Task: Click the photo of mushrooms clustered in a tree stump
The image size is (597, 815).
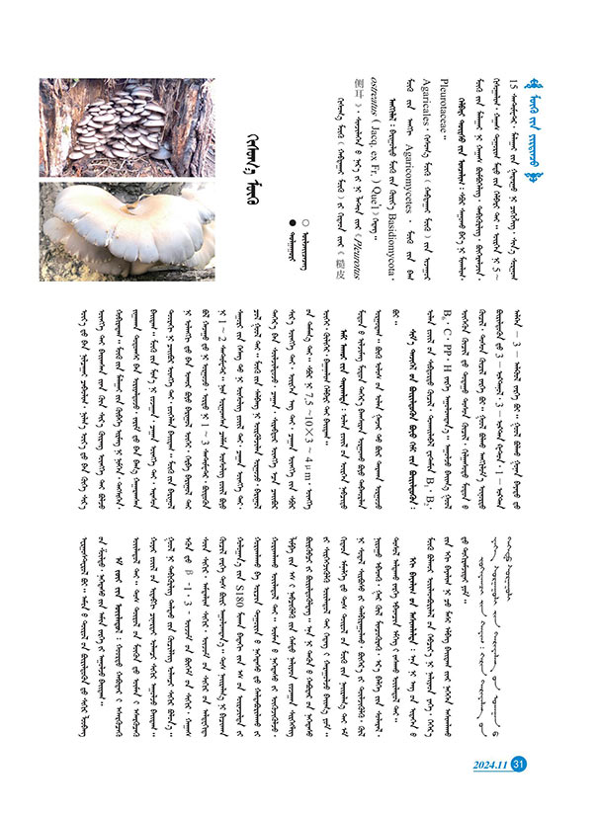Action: (x=126, y=125)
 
